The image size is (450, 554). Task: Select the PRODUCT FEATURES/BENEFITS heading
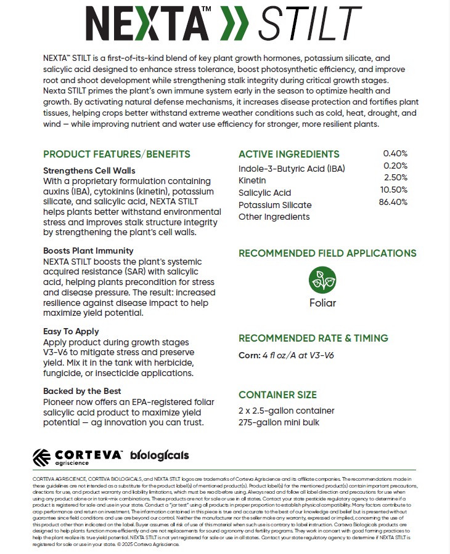pos(117,155)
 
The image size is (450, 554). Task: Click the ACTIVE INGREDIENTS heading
pos(288,155)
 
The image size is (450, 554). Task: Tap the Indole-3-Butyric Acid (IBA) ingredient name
pos(292,169)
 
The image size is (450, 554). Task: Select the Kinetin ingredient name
pos(252,180)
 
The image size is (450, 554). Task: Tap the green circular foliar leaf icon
pos(322,280)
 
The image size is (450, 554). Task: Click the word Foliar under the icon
pos(322,303)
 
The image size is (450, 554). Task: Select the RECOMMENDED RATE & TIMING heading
pos(313,338)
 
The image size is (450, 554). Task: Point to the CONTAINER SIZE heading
pos(277,395)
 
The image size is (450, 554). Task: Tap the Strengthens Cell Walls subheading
pos(89,171)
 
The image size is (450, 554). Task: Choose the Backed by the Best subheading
pos(82,391)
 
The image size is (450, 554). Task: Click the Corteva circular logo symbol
pos(41,457)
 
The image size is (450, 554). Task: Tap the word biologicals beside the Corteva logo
pos(160,456)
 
